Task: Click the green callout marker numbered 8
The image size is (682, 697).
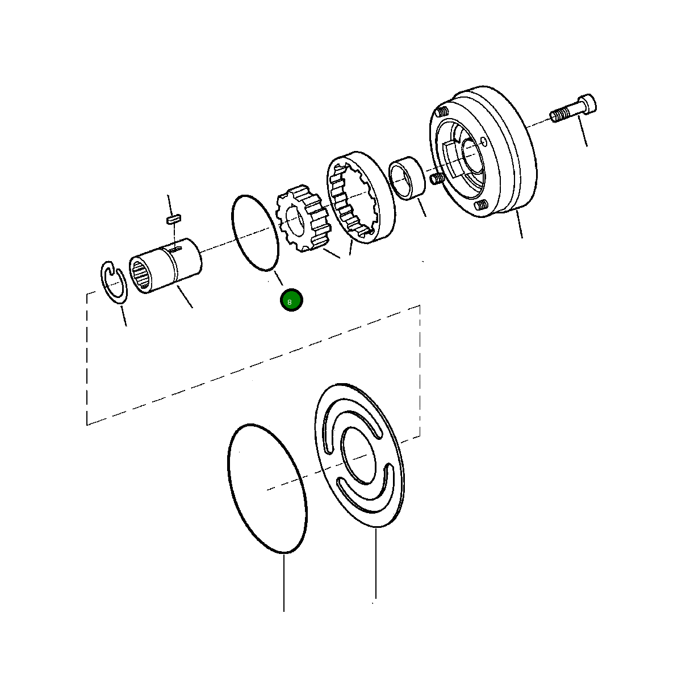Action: coord(291,301)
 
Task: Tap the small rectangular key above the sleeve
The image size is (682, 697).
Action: coord(173,217)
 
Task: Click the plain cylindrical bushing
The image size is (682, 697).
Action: coord(407,178)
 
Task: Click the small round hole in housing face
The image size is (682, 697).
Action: coord(483,141)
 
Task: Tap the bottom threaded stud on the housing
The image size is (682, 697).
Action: coord(481,205)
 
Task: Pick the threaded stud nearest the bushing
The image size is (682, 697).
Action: coord(437,179)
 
